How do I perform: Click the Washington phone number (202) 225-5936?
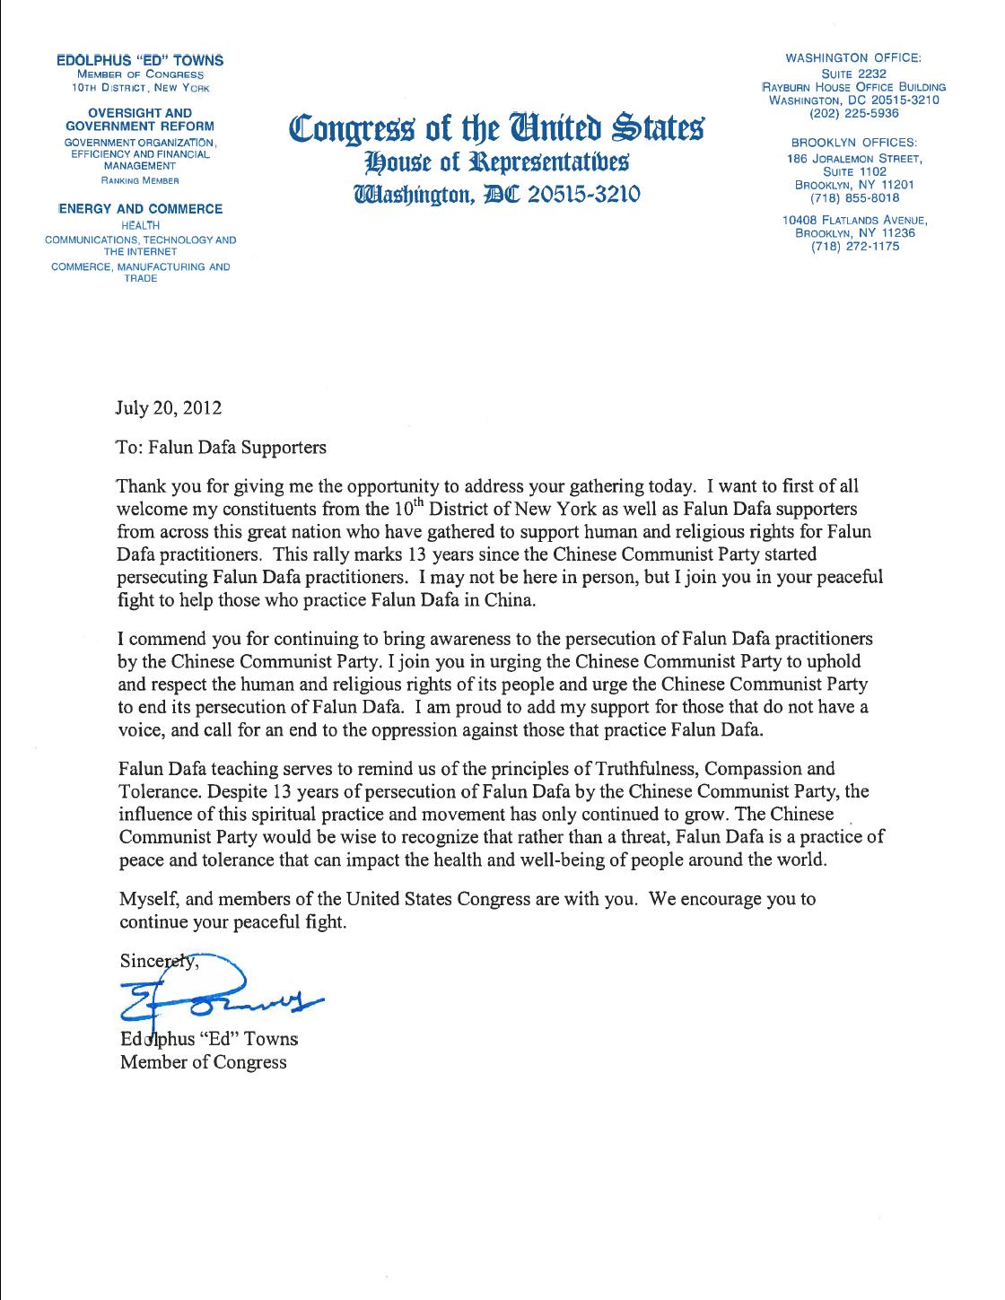853,114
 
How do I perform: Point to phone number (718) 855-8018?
853,197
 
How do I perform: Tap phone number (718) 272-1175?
853,247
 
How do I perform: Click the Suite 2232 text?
853,74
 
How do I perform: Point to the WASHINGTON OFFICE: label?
853,58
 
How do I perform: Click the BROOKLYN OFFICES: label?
853,143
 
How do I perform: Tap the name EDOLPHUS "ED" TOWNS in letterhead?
140,60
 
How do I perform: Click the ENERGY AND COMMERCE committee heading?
140,209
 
